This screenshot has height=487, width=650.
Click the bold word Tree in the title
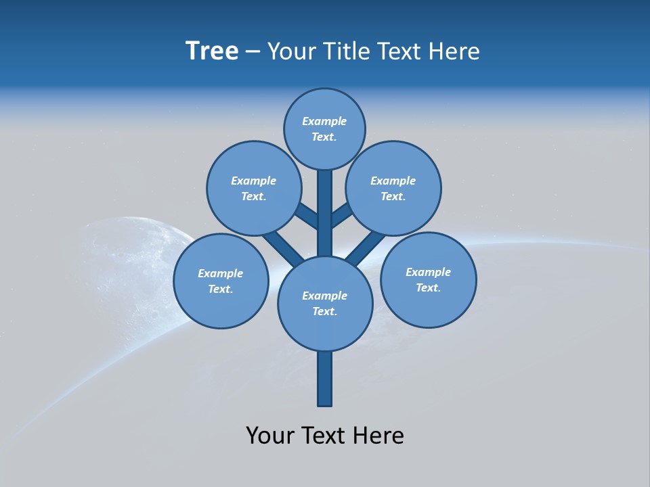(212, 51)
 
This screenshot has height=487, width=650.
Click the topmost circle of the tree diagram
(324, 129)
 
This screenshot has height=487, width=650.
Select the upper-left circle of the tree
(253, 188)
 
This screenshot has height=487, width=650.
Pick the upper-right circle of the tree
(393, 188)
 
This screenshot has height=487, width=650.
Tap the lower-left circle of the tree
(221, 281)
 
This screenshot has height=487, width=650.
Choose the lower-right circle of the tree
(428, 279)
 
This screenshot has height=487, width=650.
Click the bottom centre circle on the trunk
(325, 303)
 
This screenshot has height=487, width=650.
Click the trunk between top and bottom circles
(325, 213)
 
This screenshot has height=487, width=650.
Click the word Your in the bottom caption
(270, 436)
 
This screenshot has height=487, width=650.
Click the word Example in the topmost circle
(324, 121)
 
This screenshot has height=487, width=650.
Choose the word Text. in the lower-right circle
(428, 287)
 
